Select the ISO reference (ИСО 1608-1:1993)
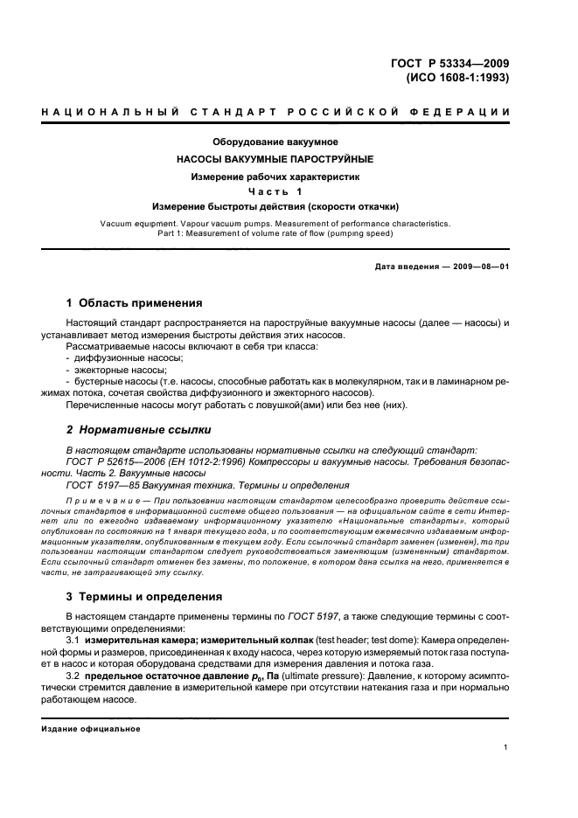pos(457,77)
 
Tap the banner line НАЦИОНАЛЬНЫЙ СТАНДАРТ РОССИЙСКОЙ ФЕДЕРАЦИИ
pos(275,111)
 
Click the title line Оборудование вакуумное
pos(275,142)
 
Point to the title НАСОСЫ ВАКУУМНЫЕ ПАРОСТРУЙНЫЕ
pos(275,159)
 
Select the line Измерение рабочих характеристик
pos(275,177)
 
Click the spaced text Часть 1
pos(275,191)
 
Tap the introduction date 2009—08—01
pos(476,267)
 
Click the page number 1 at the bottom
pos(506,747)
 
